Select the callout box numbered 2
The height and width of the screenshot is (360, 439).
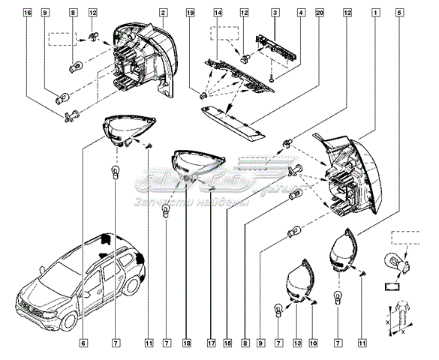[164, 13]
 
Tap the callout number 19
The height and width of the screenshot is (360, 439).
[191, 13]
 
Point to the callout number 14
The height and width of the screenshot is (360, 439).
[218, 13]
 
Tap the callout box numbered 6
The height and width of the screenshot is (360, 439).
[84, 343]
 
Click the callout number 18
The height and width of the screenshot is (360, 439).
[188, 343]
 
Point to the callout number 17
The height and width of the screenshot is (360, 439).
[212, 343]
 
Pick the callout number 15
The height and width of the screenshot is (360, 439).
[227, 343]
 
